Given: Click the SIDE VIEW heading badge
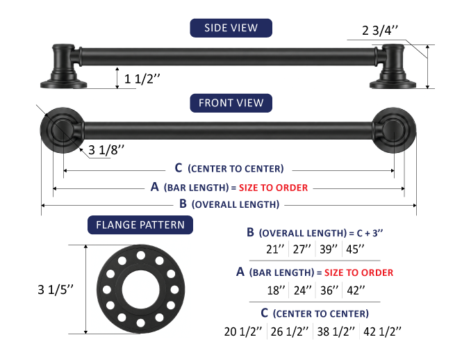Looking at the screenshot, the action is coord(231,28).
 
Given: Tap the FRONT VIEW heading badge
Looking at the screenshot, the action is coord(231,103).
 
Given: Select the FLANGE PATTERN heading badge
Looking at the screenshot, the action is coord(140,225).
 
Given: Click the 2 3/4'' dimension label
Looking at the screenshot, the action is coord(380,31).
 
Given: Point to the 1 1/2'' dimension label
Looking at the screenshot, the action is coord(142,79).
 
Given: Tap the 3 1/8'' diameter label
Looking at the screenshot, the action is coord(106,150).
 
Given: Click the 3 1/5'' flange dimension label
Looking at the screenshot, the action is coord(56,290).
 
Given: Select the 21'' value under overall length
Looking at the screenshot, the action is coord(275,249).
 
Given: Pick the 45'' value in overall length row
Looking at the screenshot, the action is coord(355,249).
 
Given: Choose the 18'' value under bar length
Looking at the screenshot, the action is coord(276,291).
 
